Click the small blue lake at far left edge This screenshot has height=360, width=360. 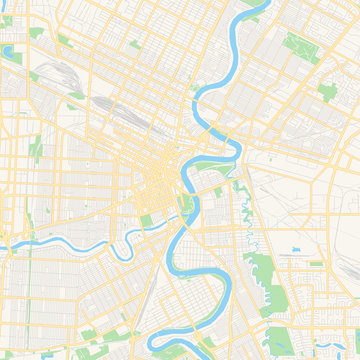(x=8, y=50)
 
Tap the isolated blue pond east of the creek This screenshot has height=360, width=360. (x=297, y=247)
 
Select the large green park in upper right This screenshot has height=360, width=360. (x=297, y=45)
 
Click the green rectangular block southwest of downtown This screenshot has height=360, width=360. (x=147, y=220)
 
